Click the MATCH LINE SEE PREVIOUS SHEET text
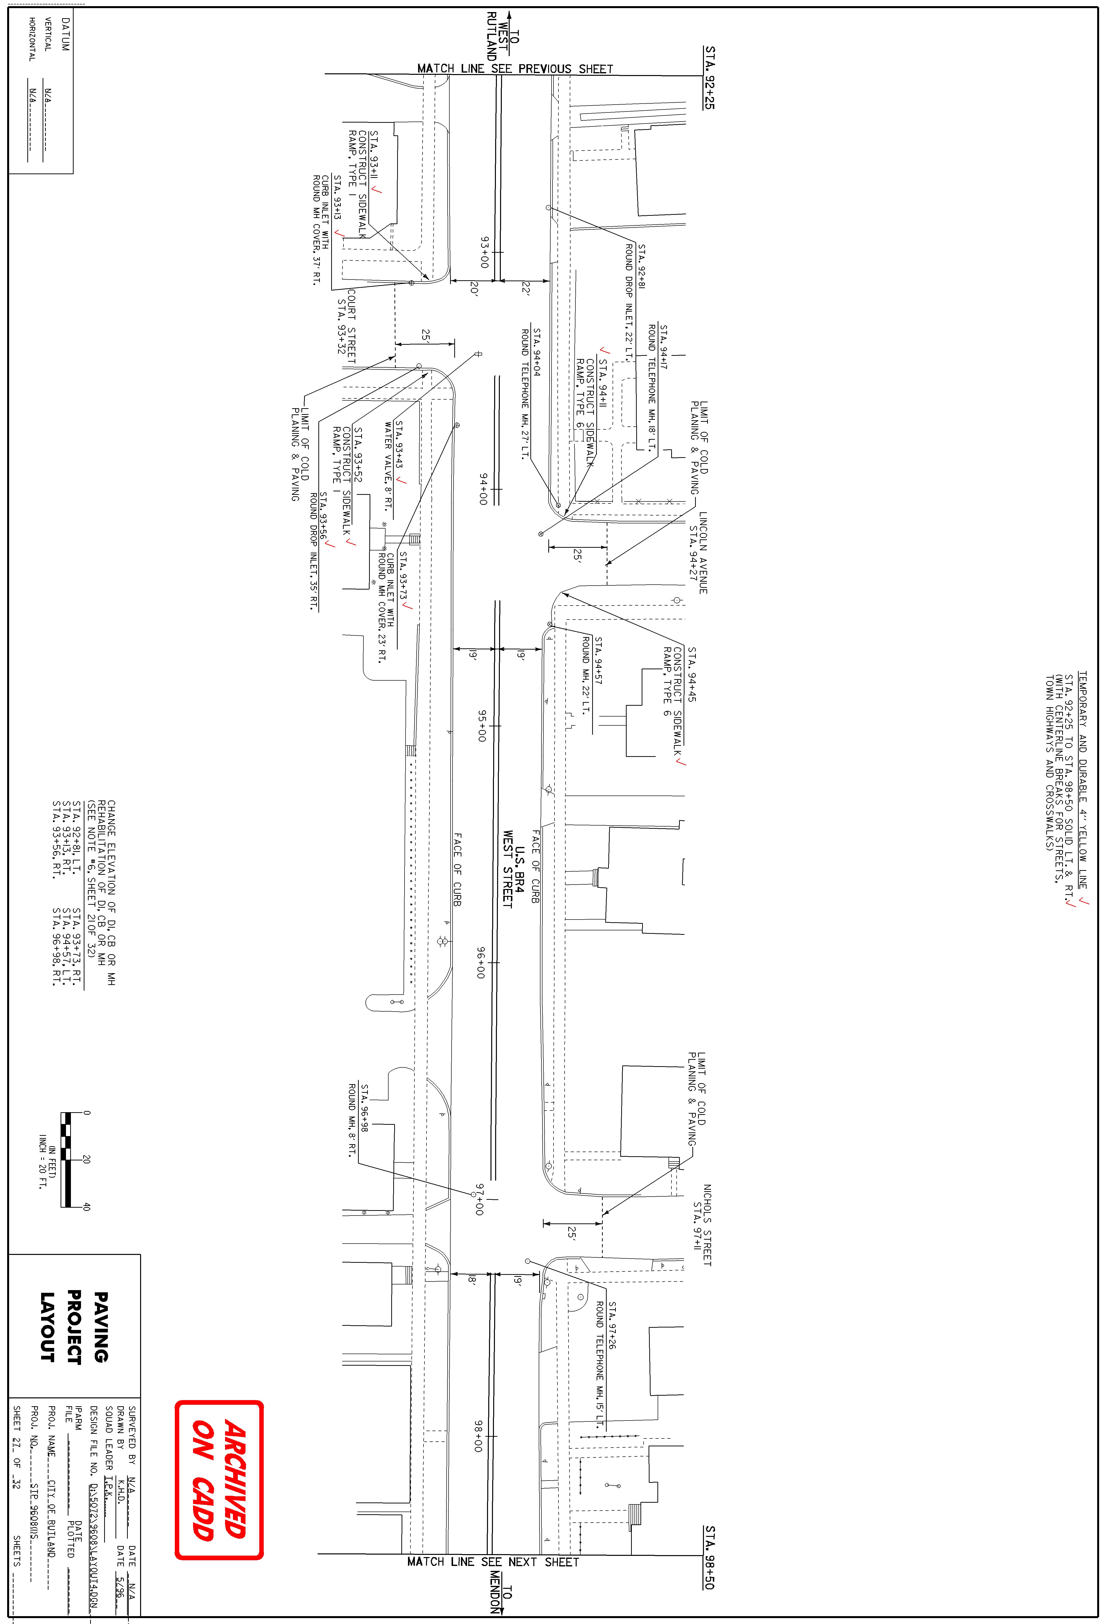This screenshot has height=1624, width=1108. [515, 68]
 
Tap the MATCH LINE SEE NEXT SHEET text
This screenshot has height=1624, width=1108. [493, 1562]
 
